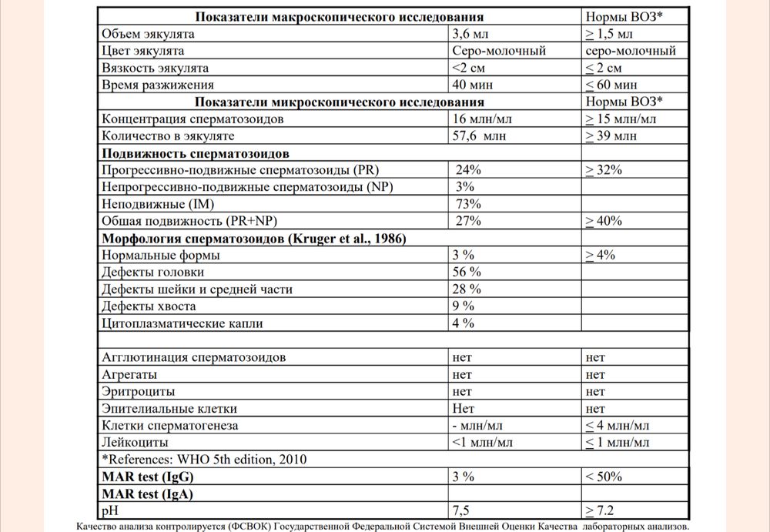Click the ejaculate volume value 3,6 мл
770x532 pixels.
tap(470, 34)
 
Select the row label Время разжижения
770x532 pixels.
tap(158, 85)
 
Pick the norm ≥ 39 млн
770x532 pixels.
tap(611, 136)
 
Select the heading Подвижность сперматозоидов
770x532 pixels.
tap(196, 152)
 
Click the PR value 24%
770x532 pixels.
tap(469, 169)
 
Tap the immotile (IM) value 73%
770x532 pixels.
tap(469, 203)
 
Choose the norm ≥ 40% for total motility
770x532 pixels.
tap(604, 221)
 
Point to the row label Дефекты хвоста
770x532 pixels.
tap(149, 306)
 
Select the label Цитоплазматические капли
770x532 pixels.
tap(182, 323)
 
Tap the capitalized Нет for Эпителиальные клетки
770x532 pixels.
tap(464, 408)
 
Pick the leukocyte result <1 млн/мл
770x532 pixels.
tap(483, 442)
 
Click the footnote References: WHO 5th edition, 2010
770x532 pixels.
tap(204, 460)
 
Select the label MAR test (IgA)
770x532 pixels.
tap(146, 494)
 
